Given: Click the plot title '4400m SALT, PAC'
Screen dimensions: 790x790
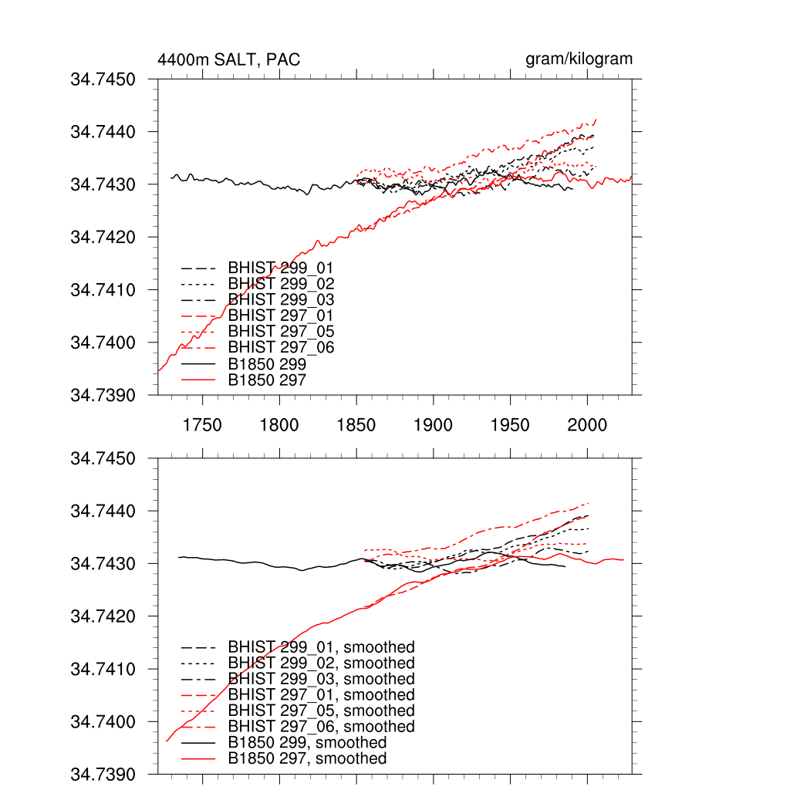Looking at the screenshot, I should tap(228, 59).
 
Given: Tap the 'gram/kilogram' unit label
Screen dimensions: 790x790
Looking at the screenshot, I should tap(579, 59).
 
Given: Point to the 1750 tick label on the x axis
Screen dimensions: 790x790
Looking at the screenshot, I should tap(202, 425).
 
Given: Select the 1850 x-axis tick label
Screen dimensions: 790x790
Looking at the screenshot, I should tap(356, 425).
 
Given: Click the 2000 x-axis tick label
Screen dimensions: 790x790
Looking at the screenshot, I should tap(588, 425).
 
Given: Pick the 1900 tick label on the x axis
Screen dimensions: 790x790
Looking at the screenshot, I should tap(434, 425).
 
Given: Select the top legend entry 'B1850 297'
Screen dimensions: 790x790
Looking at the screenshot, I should tap(267, 380).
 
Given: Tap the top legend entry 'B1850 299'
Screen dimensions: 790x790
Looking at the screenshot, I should tap(267, 363).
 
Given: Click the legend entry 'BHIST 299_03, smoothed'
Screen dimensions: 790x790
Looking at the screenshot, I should tap(321, 679).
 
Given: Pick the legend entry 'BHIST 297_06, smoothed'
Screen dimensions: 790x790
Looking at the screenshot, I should tap(321, 727).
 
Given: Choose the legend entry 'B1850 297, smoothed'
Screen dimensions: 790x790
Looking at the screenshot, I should tap(307, 759).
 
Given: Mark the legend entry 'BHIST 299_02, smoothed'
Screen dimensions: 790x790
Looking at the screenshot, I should tap(321, 663).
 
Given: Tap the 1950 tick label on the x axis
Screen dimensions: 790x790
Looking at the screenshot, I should tap(511, 425).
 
